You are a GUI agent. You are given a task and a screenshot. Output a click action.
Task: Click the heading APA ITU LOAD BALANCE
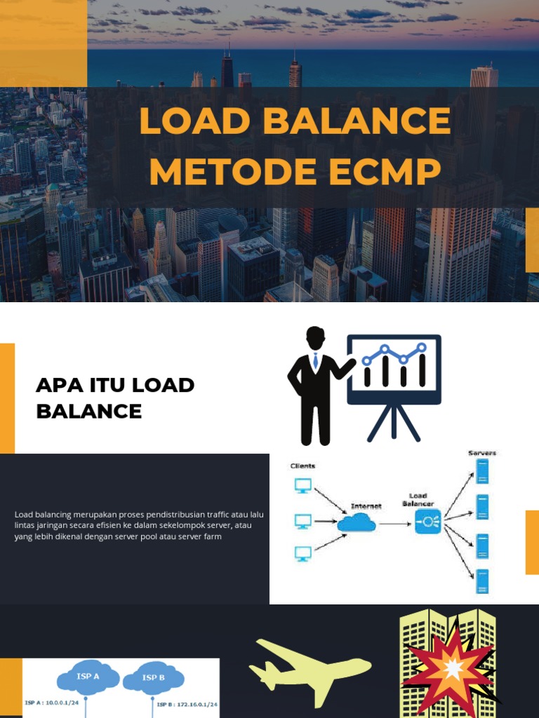[x=115, y=398]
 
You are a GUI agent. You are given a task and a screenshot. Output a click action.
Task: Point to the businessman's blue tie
[x=316, y=360]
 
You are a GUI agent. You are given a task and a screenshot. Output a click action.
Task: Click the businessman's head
[x=315, y=337]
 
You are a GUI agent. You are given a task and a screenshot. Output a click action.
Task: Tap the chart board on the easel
[x=394, y=369]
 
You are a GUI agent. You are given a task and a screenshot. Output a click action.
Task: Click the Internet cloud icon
[x=357, y=523]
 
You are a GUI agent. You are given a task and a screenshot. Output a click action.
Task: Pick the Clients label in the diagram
[x=303, y=466]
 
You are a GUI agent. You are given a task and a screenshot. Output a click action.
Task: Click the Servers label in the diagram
[x=482, y=454]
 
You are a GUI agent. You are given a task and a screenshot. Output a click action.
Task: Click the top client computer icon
[x=303, y=485]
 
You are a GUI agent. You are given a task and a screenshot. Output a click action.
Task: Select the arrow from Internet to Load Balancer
[x=395, y=523]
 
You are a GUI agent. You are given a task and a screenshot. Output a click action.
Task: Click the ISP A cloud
[x=88, y=677]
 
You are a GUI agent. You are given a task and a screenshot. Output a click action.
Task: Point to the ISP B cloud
[x=153, y=679]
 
